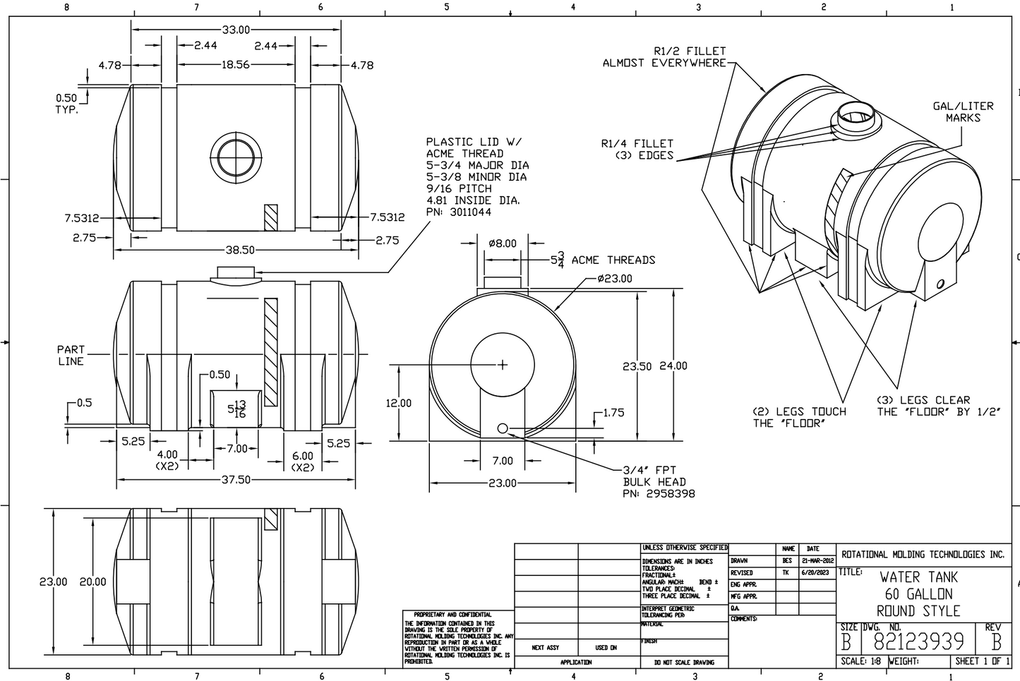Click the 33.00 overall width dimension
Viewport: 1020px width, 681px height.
tap(236, 30)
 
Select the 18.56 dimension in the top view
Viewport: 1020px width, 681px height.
tap(235, 64)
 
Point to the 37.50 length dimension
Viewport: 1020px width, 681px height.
tap(236, 480)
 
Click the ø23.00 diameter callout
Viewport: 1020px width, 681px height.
tap(614, 279)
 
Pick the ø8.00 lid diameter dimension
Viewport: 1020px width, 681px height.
tap(502, 244)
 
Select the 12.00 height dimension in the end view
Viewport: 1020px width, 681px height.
tap(398, 403)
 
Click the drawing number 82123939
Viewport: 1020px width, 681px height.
tap(918, 641)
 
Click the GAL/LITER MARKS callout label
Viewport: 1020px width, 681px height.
tap(963, 112)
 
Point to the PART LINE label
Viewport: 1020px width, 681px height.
tap(70, 355)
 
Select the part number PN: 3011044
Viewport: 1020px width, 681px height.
tap(459, 212)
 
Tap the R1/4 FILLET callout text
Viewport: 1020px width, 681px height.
tap(637, 143)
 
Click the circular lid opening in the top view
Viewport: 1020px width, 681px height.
tap(235, 155)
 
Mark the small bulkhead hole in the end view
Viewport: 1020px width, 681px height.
tap(503, 428)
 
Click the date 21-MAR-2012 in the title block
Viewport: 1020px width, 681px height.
tap(817, 561)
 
